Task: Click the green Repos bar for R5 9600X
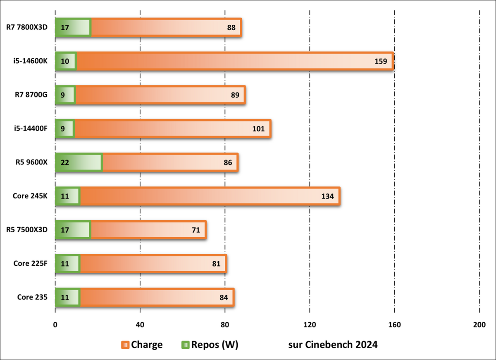(79, 162)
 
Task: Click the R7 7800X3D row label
(27, 28)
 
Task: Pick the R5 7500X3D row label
(27, 230)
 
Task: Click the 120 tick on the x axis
(310, 325)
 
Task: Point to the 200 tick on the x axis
(479, 325)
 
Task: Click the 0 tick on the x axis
(55, 325)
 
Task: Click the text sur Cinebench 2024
(333, 345)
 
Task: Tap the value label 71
(196, 230)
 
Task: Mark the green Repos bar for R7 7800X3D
(73, 28)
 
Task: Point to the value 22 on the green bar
(64, 162)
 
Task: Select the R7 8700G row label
(30, 95)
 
